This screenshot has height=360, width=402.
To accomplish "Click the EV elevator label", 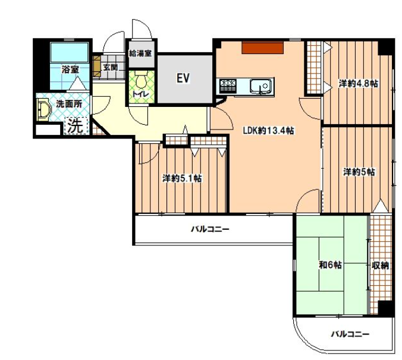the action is click(x=183, y=78).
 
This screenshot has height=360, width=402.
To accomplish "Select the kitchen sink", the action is click(x=260, y=86).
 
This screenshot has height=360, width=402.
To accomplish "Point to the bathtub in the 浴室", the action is click(x=70, y=52).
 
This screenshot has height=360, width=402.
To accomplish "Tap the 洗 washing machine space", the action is click(x=77, y=125).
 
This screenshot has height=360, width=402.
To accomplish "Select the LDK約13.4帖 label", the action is click(x=268, y=131).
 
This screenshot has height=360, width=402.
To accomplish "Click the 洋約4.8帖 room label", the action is click(x=359, y=84).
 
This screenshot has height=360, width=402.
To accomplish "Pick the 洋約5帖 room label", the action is click(x=359, y=172).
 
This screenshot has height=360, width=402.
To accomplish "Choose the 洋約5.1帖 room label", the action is click(x=182, y=178).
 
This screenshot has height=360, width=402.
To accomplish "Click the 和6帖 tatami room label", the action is click(x=330, y=265).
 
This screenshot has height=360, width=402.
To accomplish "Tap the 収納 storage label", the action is click(x=381, y=266).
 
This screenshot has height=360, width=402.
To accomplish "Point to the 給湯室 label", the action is click(x=140, y=53).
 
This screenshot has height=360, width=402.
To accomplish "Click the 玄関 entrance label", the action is click(x=111, y=67).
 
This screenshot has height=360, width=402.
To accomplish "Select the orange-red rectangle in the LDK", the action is click(x=262, y=48).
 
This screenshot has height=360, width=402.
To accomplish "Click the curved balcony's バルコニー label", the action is click(x=350, y=334).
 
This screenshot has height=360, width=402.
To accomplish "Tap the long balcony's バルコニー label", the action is click(x=210, y=229).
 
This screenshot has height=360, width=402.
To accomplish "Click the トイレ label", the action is click(x=140, y=94).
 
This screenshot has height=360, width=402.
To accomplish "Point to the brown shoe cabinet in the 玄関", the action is click(x=97, y=66).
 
